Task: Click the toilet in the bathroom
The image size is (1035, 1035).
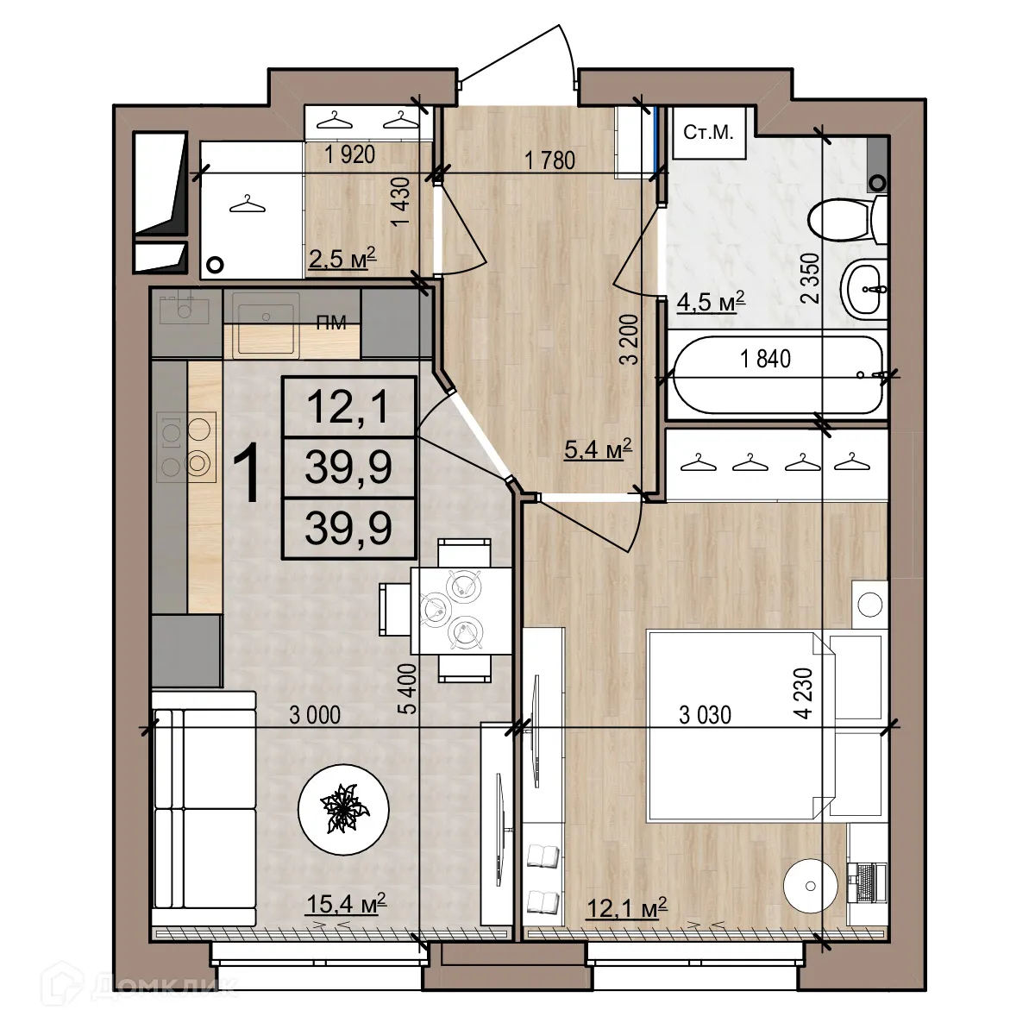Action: (841, 220)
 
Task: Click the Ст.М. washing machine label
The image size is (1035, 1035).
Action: (707, 133)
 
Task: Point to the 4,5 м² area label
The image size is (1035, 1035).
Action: (711, 303)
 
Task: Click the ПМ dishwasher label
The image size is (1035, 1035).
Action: (332, 323)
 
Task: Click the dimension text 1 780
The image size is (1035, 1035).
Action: (549, 159)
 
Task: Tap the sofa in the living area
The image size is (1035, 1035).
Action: (204, 806)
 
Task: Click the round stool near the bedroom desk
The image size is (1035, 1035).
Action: (811, 885)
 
